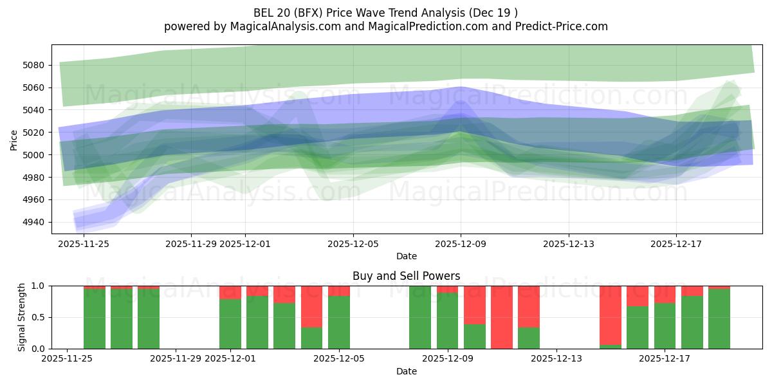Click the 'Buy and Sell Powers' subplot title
406,276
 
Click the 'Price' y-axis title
14,140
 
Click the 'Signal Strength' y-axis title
22,317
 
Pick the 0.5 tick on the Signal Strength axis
39,317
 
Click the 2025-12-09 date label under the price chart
460,244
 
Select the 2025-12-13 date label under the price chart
568,244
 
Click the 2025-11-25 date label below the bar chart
68,359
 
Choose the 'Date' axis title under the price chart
406,256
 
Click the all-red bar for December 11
502,317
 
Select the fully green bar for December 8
420,317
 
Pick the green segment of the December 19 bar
719,319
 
